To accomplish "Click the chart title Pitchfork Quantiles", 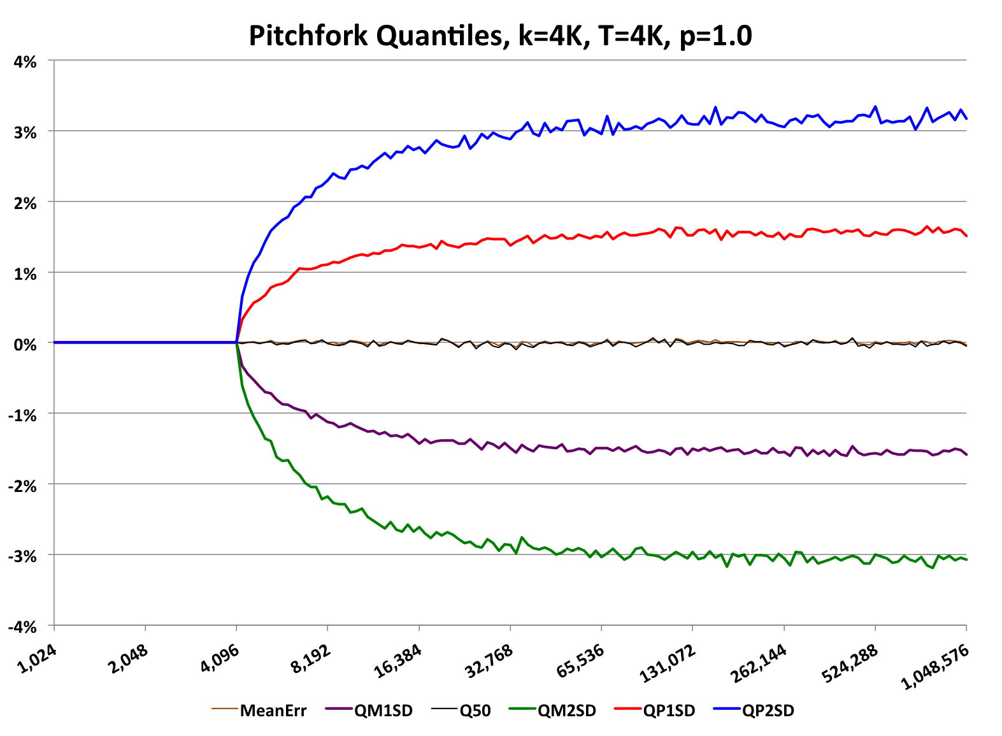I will [x=500, y=36].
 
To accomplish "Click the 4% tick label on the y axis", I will [x=25, y=62].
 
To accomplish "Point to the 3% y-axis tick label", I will [x=25, y=133].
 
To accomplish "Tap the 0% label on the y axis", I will [x=25, y=345].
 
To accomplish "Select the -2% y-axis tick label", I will [x=23, y=486].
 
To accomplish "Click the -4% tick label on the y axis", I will [x=23, y=627].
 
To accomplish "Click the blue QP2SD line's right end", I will [x=966, y=119].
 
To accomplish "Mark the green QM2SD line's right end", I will [x=966, y=559].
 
